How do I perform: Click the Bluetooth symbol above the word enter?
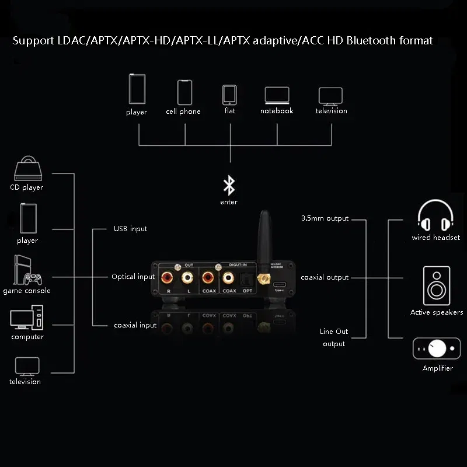(229, 186)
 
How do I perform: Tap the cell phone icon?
(185, 92)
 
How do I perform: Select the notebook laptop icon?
(276, 95)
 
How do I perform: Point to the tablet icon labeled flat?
(229, 95)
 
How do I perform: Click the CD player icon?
(27, 169)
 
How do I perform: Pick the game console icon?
(27, 271)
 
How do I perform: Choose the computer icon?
(27, 319)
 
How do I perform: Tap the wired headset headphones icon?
(435, 217)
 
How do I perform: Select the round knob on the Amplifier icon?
(435, 349)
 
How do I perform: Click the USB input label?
(130, 229)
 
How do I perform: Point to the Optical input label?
(133, 277)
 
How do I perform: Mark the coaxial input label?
(135, 325)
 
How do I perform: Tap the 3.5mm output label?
(325, 218)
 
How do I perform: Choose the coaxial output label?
(325, 277)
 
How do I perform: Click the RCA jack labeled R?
(169, 276)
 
